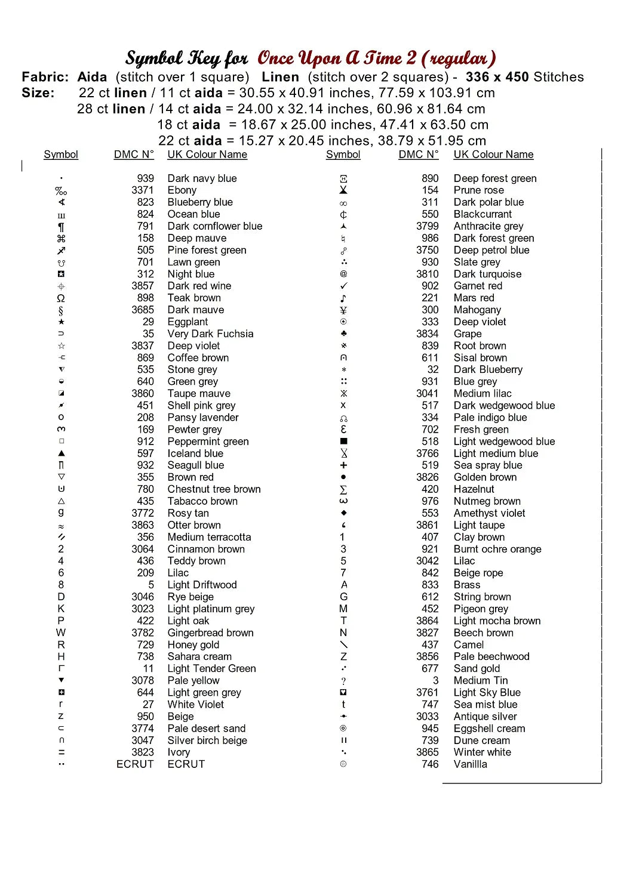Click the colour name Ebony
point(182,190)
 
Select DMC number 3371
point(142,190)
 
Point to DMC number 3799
point(427,226)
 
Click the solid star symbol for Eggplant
point(61,322)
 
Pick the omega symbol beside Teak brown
point(61,298)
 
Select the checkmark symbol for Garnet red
point(343,286)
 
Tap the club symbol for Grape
point(343,334)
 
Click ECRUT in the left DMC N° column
point(135,764)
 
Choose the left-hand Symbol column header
point(61,155)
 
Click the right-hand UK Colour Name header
point(493,155)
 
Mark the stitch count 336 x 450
point(497,77)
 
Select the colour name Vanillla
point(470,764)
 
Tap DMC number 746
point(430,764)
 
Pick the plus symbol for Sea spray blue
point(343,465)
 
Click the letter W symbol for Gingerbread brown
point(61,632)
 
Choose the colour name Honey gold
point(193,644)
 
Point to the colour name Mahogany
point(477,310)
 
